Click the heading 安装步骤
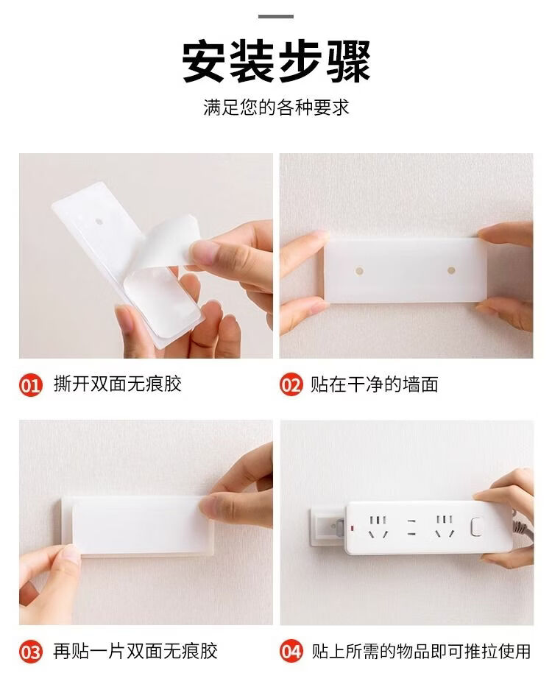[276, 61]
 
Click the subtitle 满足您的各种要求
[276, 108]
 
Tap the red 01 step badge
[31, 386]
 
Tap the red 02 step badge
[291, 385]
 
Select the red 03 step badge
[31, 652]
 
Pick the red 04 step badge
[291, 651]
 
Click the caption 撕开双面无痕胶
[118, 384]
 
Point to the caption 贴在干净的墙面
[374, 384]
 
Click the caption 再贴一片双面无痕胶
[135, 651]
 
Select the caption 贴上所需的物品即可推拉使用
[421, 651]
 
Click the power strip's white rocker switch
[476, 527]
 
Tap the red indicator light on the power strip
[352, 528]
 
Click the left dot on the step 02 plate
[359, 271]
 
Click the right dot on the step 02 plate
[451, 270]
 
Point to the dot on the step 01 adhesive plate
[99, 222]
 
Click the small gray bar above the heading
[275, 16]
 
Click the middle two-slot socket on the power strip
[411, 527]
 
